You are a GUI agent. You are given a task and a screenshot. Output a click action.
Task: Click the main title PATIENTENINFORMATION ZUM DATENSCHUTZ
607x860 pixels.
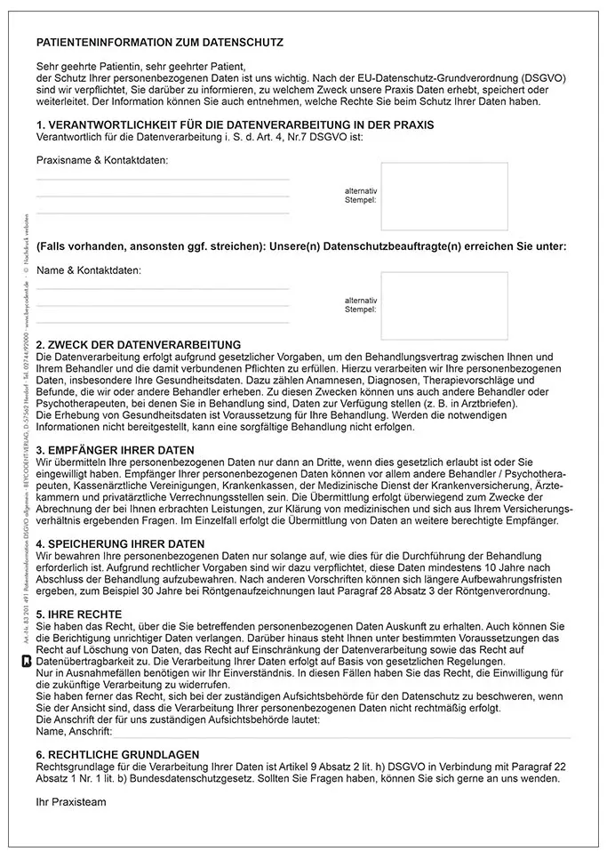(160, 42)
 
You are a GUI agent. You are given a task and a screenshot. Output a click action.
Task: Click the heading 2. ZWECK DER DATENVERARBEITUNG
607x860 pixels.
(139, 344)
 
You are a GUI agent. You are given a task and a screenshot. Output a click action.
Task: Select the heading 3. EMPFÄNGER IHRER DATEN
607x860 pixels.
(116, 450)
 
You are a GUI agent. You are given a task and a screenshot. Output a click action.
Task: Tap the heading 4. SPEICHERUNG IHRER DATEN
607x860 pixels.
(121, 543)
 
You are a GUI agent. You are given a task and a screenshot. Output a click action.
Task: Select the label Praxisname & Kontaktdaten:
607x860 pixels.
(102, 160)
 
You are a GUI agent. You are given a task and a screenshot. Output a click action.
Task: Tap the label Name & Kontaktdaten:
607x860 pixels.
(89, 269)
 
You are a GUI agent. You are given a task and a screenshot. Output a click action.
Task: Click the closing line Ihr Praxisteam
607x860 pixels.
(71, 801)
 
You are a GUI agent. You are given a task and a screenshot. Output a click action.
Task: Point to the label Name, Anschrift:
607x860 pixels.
(74, 731)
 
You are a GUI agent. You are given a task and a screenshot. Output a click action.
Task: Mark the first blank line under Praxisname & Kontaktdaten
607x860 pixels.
(163, 180)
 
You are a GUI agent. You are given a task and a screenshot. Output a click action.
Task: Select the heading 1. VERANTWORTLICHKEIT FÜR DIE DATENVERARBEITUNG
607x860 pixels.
(235, 125)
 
